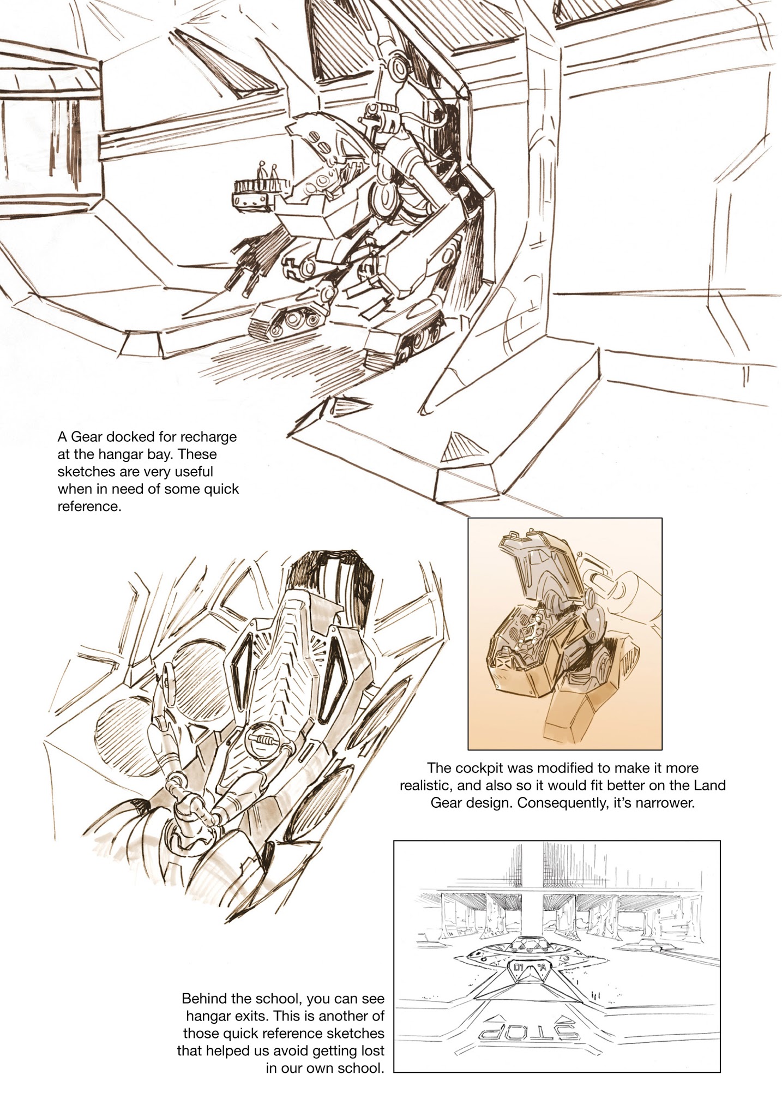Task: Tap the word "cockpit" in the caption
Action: (x=480, y=768)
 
